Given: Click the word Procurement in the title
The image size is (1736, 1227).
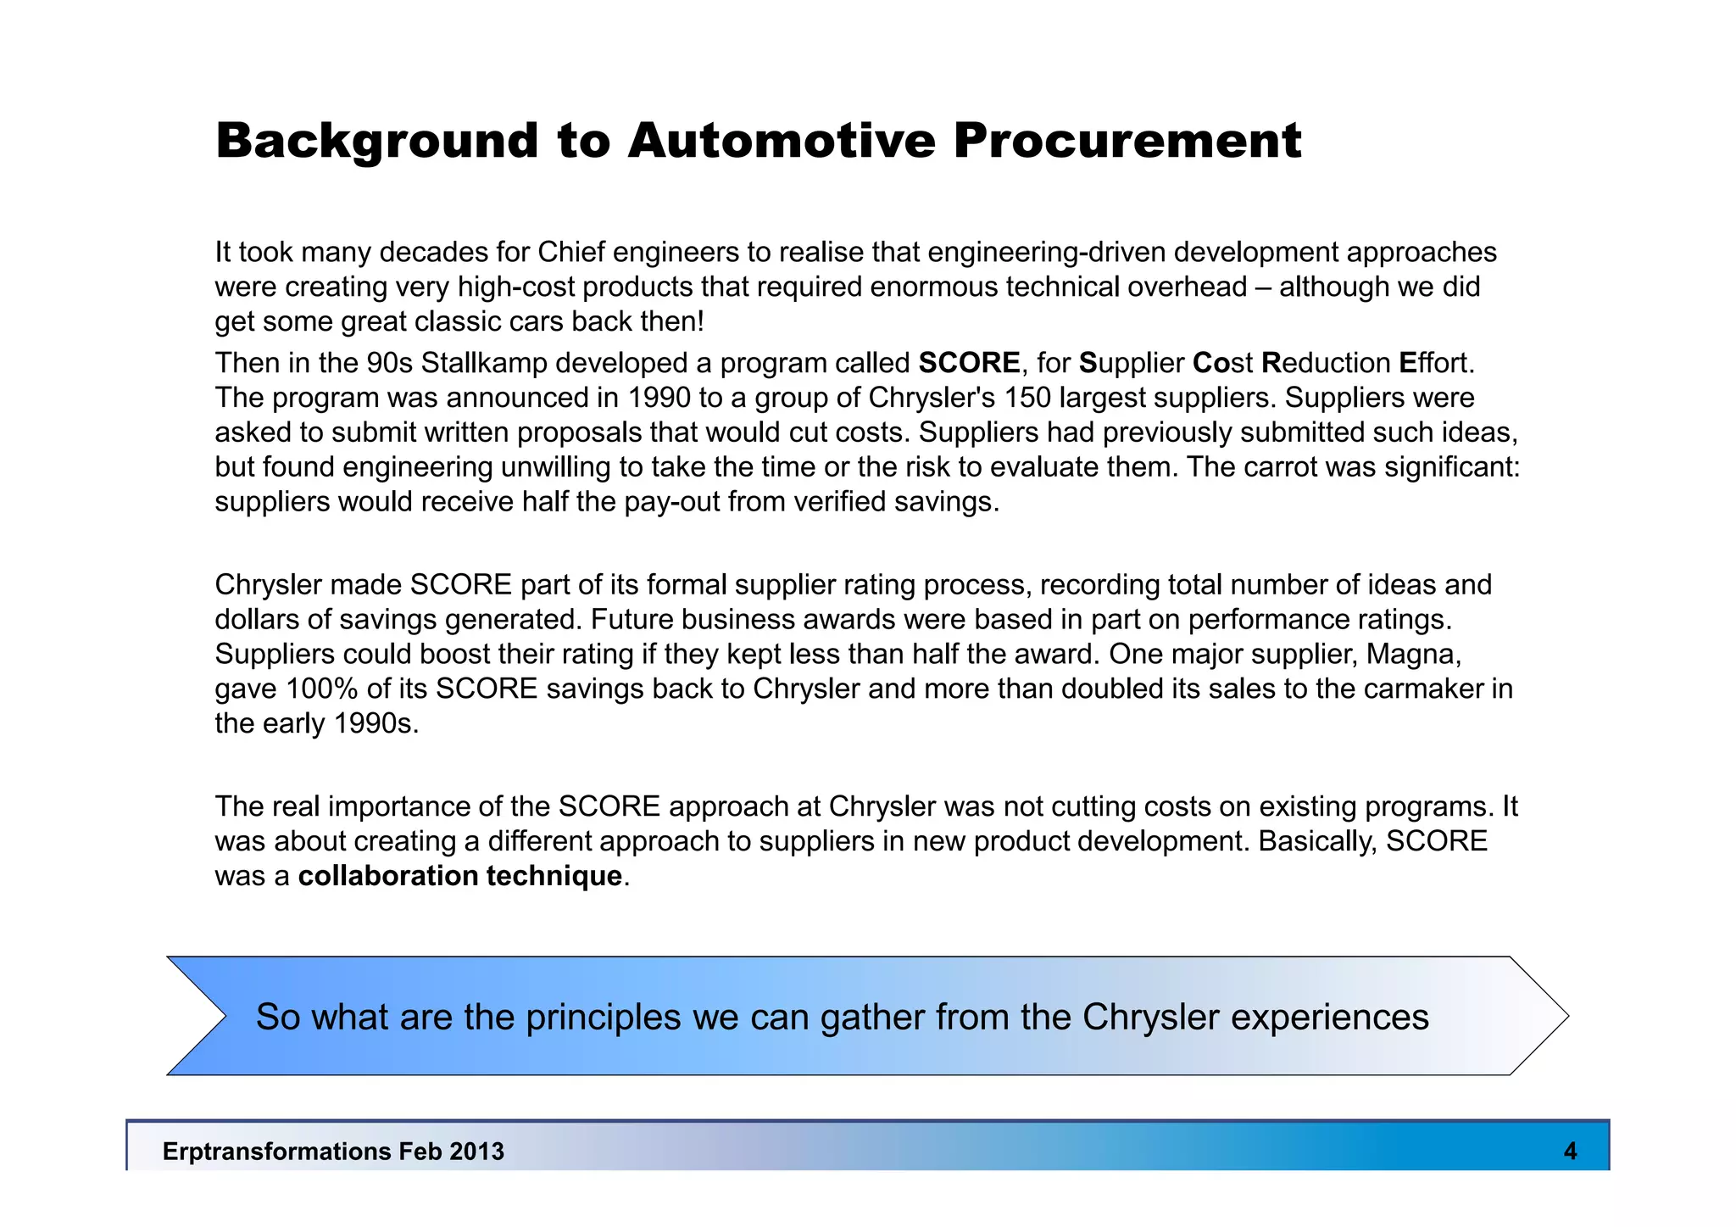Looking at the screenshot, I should point(1127,141).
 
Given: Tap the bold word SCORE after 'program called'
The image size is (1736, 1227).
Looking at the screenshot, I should point(969,363).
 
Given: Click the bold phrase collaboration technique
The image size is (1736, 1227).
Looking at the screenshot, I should point(460,876).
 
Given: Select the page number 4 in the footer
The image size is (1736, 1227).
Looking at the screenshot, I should point(1570,1151).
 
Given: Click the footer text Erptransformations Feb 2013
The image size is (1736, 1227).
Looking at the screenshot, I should point(333,1152).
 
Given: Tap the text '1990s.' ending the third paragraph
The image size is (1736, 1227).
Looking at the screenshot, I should point(376,723).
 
